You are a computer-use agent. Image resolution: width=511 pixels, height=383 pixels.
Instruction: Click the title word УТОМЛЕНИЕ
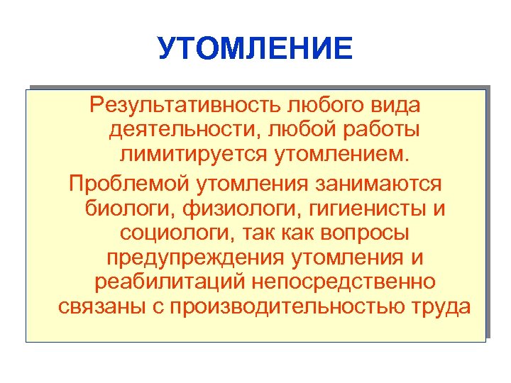255,49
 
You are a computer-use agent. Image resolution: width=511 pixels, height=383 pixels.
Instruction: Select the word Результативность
185,106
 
